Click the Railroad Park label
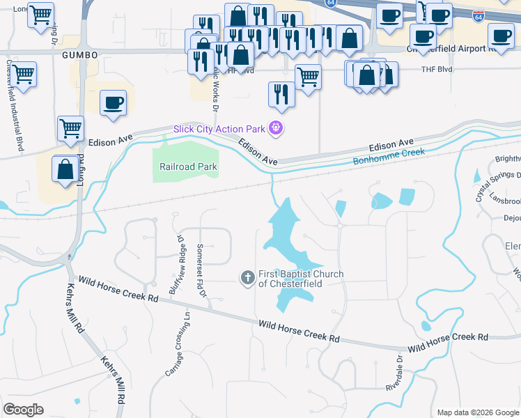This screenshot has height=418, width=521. pos(188,167)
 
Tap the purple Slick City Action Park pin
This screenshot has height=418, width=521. pos(277,128)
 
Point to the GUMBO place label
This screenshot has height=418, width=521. pos(77,54)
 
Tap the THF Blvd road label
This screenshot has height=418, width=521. pos(437,70)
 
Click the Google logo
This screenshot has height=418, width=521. pos(23,410)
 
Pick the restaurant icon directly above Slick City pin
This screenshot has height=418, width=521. pos(281,93)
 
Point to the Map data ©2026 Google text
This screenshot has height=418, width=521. pos(477,412)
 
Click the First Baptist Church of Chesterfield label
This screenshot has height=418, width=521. pos(301,279)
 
